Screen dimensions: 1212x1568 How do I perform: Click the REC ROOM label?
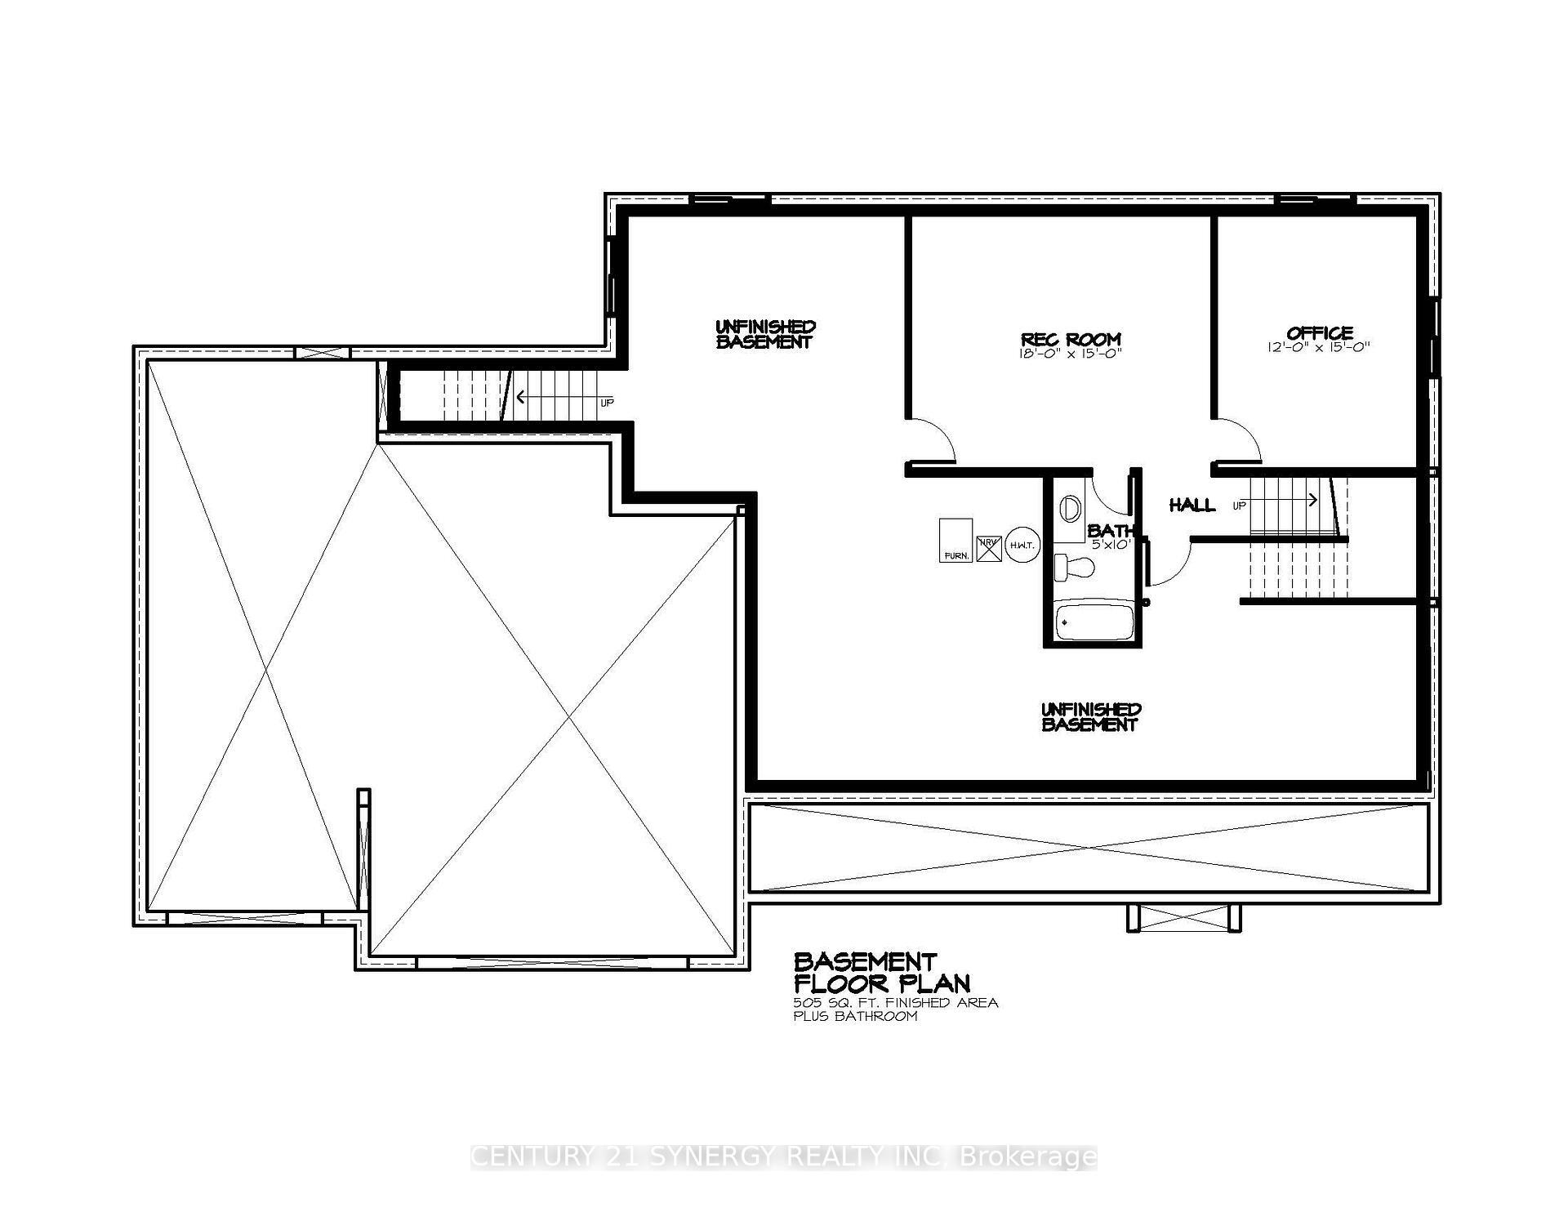[1071, 339]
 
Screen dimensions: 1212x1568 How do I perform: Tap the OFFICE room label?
[1320, 332]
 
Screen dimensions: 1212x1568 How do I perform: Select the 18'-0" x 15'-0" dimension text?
[1071, 354]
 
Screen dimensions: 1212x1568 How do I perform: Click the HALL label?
[1192, 506]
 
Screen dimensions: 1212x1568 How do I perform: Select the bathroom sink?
[1068, 509]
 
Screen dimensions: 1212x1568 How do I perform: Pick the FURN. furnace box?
[956, 540]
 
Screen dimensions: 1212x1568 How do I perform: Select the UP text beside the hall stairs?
[1239, 506]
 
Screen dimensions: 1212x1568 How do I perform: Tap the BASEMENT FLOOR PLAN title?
[881, 972]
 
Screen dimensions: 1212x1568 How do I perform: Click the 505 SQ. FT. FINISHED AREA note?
[895, 1002]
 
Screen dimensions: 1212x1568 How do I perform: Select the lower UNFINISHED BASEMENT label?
[1090, 716]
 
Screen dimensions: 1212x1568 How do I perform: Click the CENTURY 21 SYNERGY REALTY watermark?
[784, 1156]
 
